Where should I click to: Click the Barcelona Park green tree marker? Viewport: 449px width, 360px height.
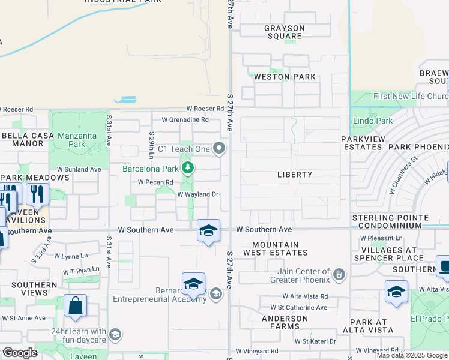click(188, 167)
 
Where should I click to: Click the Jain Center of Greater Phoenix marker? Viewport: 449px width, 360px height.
click(339, 275)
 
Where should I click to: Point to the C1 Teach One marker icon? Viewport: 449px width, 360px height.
click(220, 148)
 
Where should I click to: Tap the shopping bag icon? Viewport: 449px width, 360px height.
click(76, 305)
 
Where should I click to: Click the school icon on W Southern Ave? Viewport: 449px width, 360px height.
click(208, 230)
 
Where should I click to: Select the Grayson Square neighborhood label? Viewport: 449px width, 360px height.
click(285, 32)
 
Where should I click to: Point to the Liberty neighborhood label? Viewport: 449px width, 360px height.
click(295, 175)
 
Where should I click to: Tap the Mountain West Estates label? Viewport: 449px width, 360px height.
click(276, 249)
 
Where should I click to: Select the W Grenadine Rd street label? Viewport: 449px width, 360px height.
click(185, 119)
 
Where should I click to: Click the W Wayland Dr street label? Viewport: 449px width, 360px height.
click(197, 194)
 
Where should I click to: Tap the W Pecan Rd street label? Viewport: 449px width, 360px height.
click(155, 182)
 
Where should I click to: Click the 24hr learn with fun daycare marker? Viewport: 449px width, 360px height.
click(115, 335)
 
